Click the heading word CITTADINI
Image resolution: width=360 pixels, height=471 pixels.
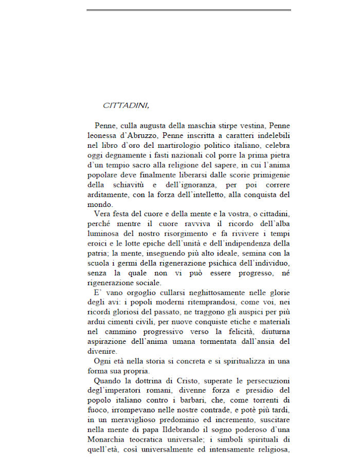[126, 106]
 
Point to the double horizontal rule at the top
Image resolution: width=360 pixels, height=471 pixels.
[189, 10]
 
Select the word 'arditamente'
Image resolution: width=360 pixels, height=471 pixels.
[107, 195]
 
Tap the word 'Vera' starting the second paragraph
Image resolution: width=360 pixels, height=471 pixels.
[103, 213]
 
